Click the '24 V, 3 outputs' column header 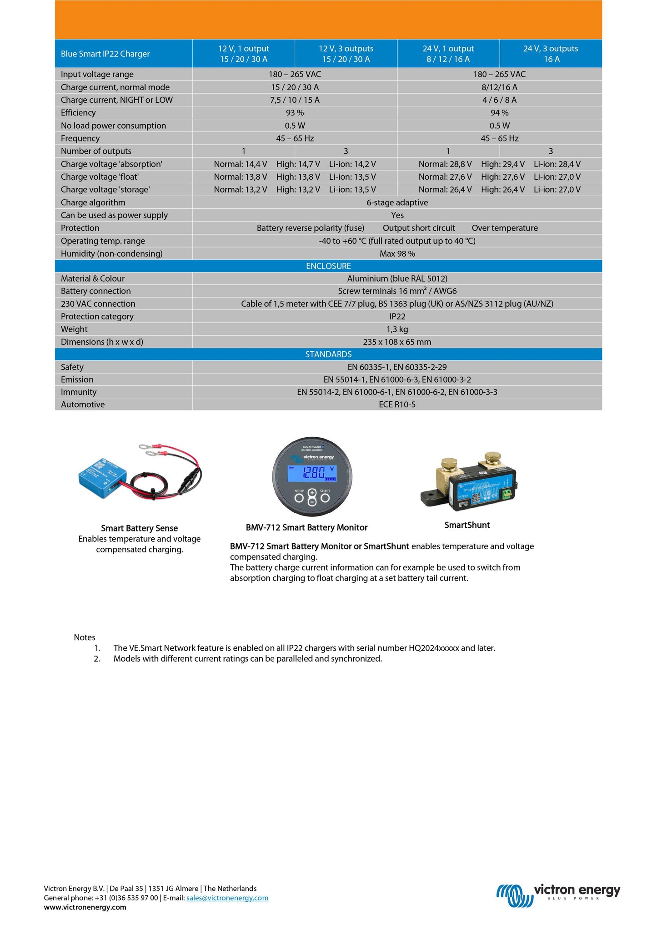550,54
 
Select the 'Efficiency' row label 78,113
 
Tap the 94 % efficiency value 499,113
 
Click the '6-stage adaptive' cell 397,202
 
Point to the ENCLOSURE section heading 328,266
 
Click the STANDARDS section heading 328,354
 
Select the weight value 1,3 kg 397,329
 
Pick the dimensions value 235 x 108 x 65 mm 397,342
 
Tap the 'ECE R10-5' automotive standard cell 397,404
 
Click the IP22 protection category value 397,317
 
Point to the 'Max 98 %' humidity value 397,254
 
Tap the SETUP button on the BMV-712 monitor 299,498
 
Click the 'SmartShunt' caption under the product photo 467,525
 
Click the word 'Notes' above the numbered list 85,637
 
